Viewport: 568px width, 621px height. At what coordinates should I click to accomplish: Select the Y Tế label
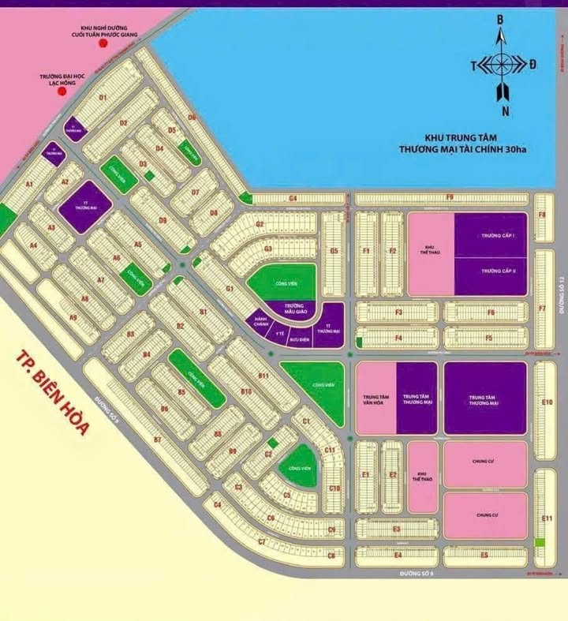point(279,334)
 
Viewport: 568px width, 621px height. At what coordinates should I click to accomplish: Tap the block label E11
point(547,518)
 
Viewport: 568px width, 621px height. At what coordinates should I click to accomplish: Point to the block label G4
point(293,197)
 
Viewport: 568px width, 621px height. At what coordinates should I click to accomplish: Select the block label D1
point(102,96)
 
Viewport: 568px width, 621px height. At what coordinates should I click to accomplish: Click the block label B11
point(263,376)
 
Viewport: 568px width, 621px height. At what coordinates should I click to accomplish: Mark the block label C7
point(262,542)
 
